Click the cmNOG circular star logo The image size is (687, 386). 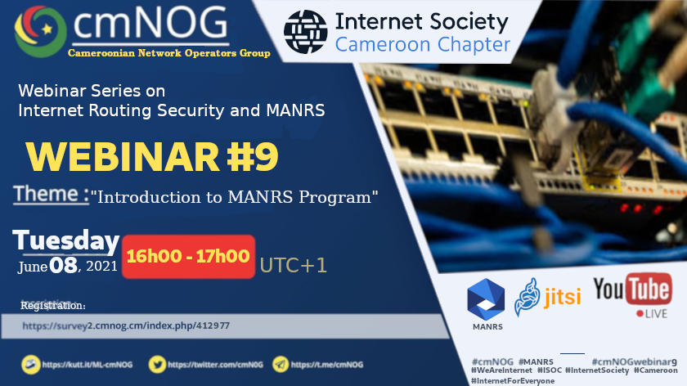click(x=40, y=31)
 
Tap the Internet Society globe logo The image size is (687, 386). click(x=305, y=32)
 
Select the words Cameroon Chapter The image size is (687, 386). click(x=422, y=45)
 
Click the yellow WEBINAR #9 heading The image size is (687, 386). click(x=152, y=156)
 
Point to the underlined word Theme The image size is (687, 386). click(x=51, y=194)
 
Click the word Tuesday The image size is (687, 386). click(x=66, y=240)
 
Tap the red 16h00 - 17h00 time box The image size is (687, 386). click(x=188, y=256)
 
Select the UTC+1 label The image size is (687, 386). click(x=293, y=266)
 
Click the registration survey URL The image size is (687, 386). click(x=126, y=325)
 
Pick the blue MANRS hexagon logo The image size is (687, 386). click(x=486, y=299)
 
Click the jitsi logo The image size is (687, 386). click(x=548, y=297)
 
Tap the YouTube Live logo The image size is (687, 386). click(x=633, y=295)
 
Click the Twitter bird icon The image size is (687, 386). click(x=157, y=365)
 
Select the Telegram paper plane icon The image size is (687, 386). click(x=281, y=365)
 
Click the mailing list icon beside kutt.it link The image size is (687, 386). click(x=31, y=365)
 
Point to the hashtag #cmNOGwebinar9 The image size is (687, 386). click(x=635, y=362)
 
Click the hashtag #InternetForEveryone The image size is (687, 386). click(x=513, y=381)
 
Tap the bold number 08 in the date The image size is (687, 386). click(x=63, y=266)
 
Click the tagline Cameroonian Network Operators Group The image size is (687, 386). click(x=169, y=53)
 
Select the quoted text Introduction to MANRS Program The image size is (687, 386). click(x=234, y=197)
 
